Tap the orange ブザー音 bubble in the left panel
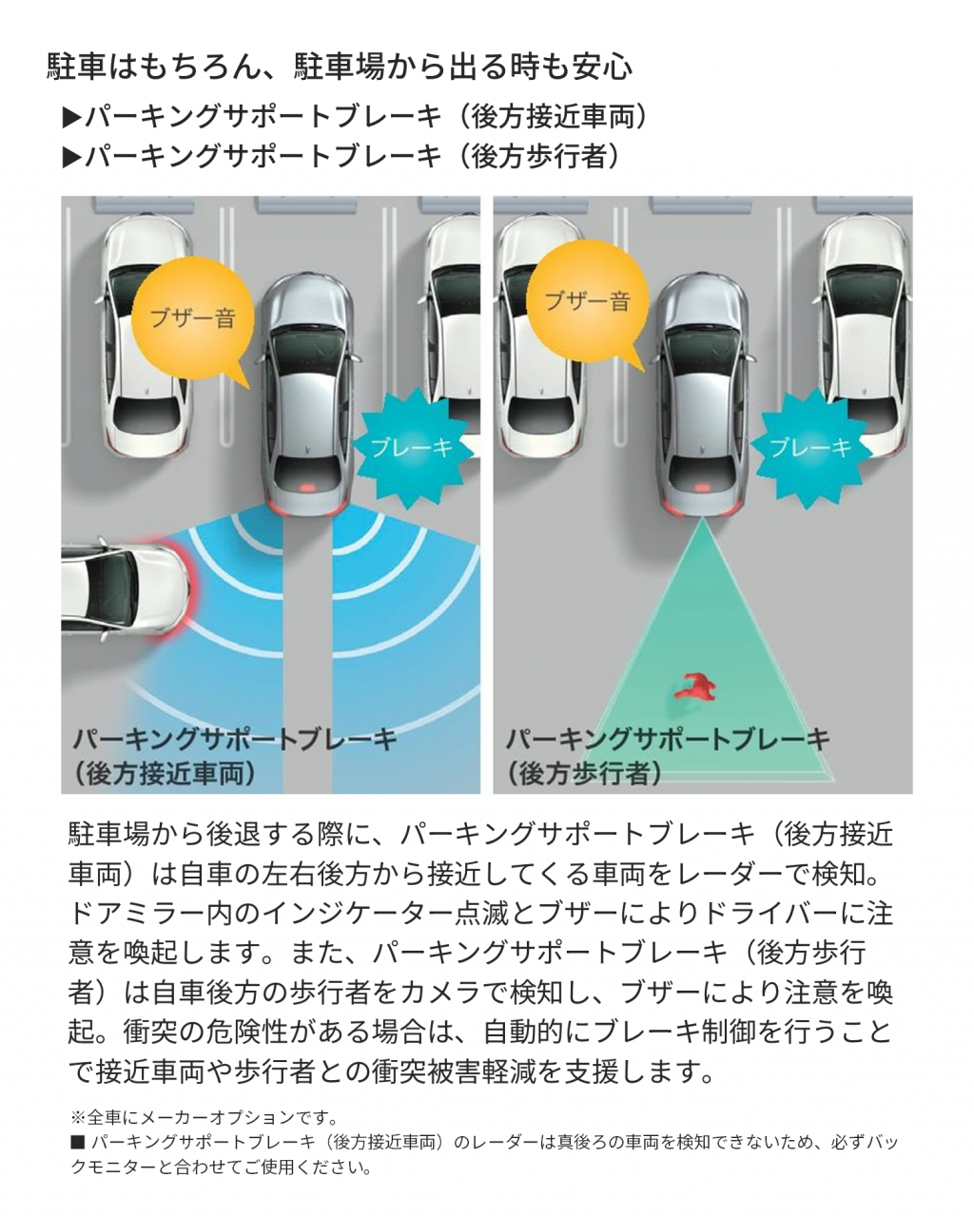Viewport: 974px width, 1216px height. tap(193, 318)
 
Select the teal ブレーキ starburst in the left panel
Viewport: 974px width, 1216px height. tap(412, 447)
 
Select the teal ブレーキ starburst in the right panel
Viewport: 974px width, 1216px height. tap(809, 447)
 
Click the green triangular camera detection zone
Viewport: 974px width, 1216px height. tap(704, 678)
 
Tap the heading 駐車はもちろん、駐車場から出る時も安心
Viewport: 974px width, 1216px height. tap(340, 67)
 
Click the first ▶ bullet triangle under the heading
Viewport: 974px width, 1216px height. tap(71, 119)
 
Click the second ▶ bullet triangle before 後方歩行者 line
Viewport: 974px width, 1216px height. tap(71, 158)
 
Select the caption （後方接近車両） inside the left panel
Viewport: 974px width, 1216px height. tap(165, 774)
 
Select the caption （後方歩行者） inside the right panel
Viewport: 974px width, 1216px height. tap(583, 774)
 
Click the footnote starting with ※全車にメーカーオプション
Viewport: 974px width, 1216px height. tap(205, 1117)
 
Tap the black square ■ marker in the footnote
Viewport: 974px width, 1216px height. tap(77, 1143)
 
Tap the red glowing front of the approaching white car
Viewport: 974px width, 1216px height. tap(190, 588)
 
